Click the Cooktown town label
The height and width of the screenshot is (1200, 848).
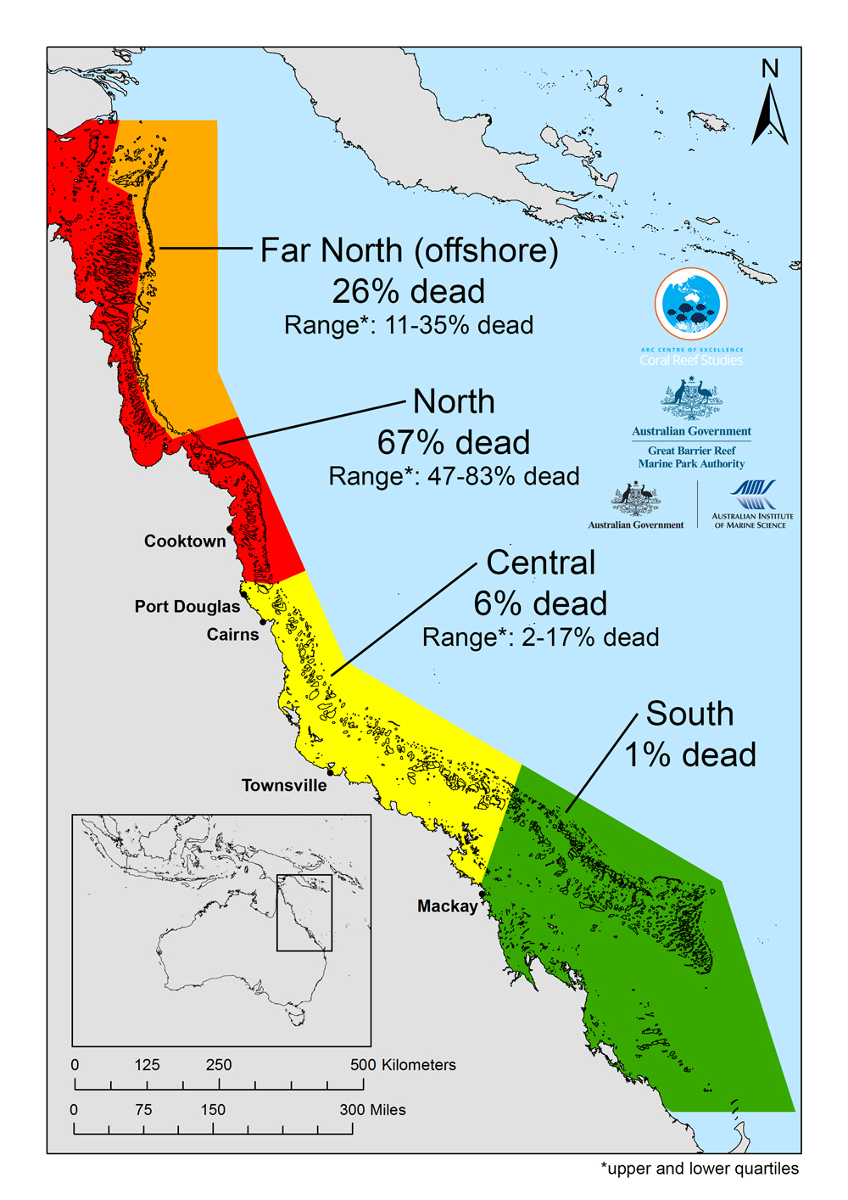185,541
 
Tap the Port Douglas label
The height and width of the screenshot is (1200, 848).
187,607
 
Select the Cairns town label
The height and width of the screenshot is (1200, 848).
232,635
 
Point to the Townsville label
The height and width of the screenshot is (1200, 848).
284,786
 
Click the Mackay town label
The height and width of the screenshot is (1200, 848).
447,906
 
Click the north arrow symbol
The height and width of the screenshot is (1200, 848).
770,110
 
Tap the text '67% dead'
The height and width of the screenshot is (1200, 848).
454,442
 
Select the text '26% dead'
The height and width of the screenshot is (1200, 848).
408,291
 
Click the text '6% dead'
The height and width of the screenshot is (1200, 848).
540,603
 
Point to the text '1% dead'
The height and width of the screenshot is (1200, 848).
690,754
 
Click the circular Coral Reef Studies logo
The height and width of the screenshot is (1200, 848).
691,304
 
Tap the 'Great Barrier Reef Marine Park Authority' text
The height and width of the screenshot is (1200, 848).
691,457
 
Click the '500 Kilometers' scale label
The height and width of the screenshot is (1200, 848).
403,1065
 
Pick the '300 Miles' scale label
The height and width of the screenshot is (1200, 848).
372,1110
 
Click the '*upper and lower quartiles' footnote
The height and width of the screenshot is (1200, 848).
700,1169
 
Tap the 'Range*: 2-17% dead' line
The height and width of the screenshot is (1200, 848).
540,637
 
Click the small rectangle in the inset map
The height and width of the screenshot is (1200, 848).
304,912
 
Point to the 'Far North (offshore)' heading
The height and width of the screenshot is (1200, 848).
409,250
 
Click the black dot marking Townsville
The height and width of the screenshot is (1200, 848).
331,772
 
